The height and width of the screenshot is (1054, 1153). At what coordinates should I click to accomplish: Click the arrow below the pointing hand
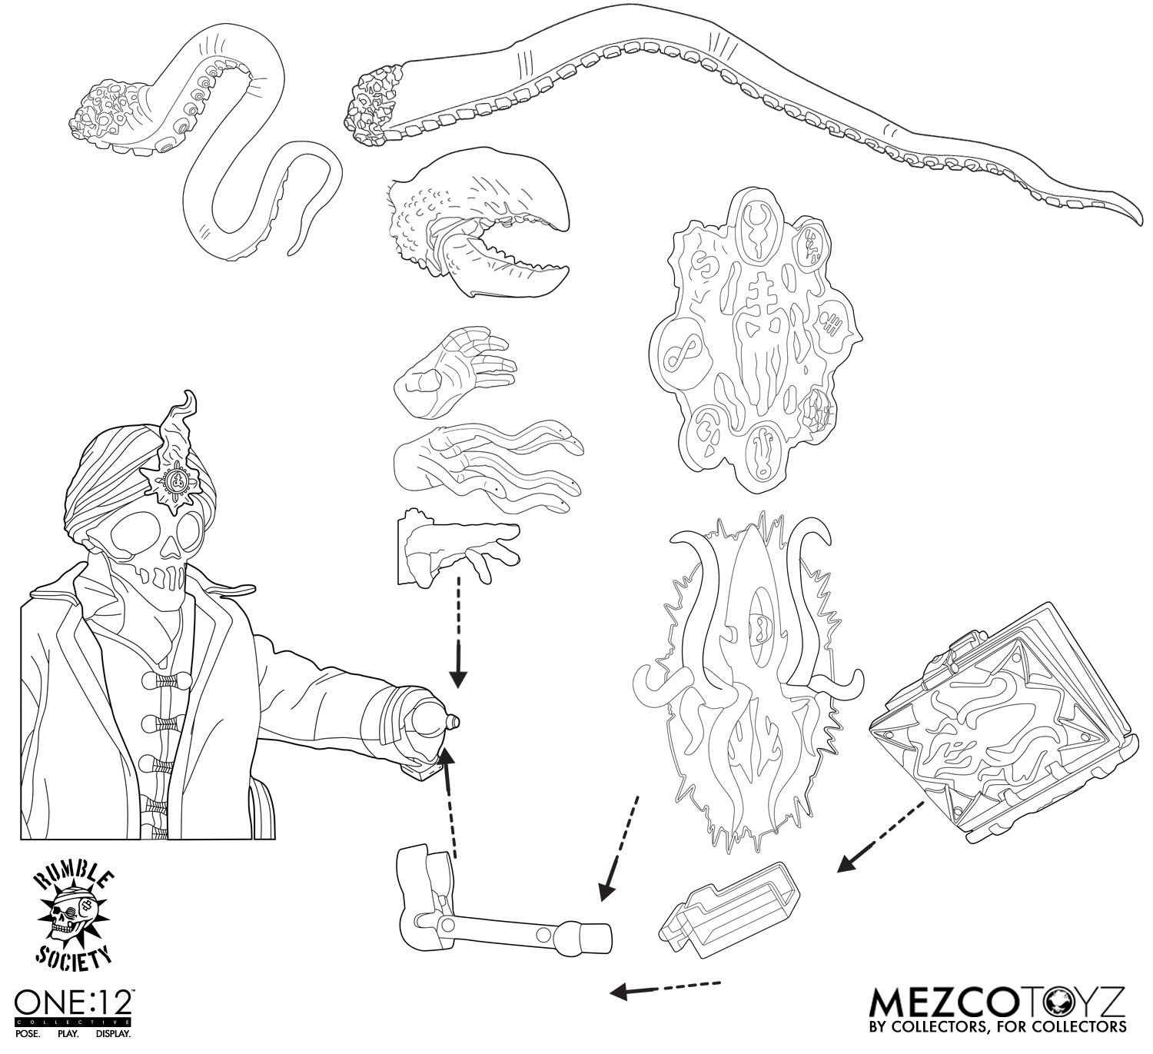pyautogui.click(x=458, y=632)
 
